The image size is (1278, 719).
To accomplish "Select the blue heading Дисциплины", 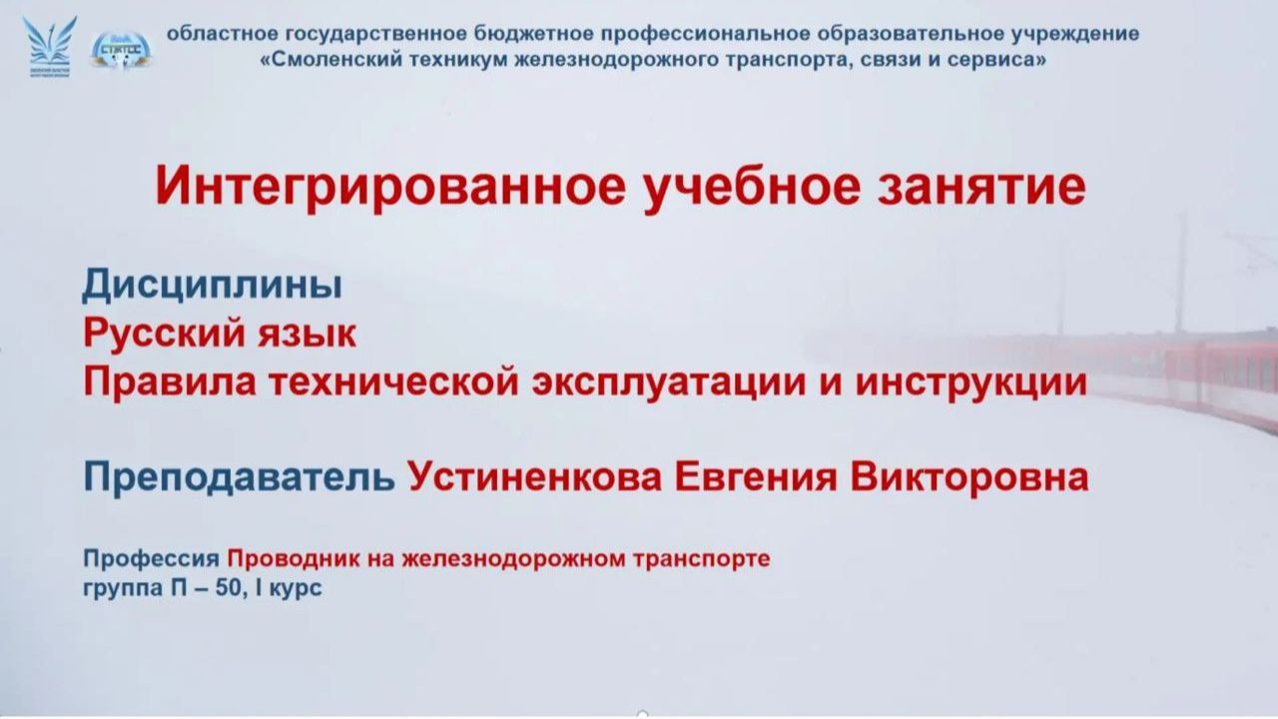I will (212, 286).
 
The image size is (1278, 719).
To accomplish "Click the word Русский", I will (163, 334).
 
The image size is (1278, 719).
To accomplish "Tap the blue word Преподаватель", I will (239, 477).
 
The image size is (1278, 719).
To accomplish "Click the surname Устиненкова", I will (534, 477).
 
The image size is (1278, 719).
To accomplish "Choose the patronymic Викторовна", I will (969, 477).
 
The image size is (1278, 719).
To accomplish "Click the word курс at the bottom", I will (298, 588).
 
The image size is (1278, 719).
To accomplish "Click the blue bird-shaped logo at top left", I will (49, 45).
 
